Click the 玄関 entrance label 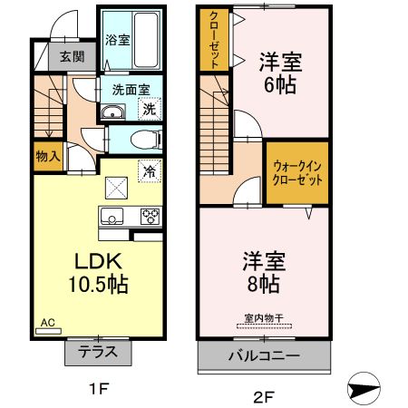[72, 56]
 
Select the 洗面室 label [131, 90]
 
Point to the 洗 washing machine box [149, 109]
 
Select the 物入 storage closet [48, 157]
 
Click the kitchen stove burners [150, 216]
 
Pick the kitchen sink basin [113, 216]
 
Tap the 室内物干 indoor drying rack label [263, 318]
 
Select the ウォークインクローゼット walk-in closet [297, 171]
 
